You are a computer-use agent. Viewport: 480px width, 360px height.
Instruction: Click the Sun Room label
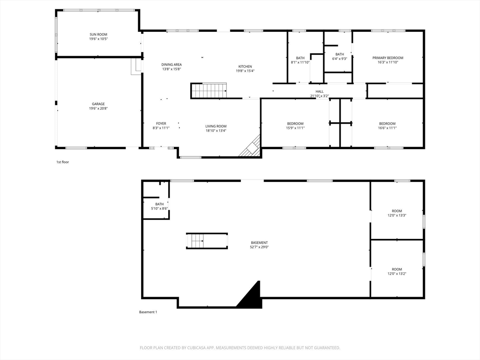(98, 35)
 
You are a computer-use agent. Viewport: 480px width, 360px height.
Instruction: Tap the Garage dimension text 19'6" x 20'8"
(98, 108)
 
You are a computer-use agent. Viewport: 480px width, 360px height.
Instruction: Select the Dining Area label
(172, 65)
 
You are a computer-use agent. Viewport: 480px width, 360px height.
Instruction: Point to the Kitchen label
(245, 67)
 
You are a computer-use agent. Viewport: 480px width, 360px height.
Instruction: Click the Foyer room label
(161, 124)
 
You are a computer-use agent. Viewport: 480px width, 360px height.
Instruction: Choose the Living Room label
(216, 126)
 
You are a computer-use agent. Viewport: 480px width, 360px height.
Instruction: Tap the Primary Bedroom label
(388, 58)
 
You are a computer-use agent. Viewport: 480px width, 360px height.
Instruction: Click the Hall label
(319, 91)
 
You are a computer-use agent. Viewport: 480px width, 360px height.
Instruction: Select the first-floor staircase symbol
(209, 90)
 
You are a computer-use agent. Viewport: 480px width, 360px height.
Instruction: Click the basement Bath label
(159, 204)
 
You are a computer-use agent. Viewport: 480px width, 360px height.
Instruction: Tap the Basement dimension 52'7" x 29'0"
(259, 247)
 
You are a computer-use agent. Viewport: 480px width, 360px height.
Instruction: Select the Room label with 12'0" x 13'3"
(397, 211)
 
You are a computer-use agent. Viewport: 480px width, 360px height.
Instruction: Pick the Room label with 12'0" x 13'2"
(397, 270)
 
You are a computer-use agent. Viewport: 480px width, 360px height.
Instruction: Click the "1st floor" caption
(62, 162)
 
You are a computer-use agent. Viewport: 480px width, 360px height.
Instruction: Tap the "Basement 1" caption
(148, 312)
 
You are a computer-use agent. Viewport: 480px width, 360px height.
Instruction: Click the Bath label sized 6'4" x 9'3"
(339, 54)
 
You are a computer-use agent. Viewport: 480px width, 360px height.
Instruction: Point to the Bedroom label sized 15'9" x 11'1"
(295, 124)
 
